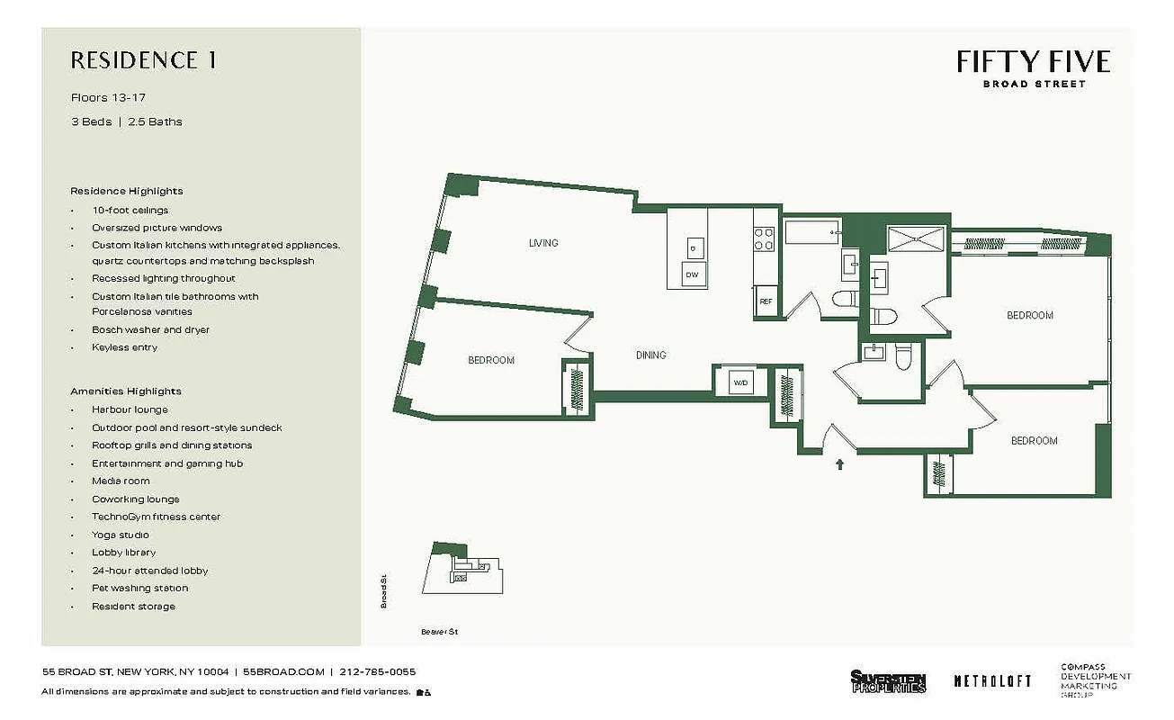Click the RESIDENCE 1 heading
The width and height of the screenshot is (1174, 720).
pos(143,61)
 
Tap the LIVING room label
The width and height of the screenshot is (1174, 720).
pos(543,243)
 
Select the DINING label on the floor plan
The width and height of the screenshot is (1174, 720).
pos(650,355)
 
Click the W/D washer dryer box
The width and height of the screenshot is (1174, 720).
pos(740,382)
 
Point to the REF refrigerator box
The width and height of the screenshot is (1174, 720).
pos(766,301)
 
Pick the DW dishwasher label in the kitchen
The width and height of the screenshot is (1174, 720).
pos(692,274)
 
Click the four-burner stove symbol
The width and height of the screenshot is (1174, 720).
pos(764,238)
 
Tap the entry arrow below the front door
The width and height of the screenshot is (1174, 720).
pos(840,465)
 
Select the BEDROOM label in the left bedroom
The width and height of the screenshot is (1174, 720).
pos(491,360)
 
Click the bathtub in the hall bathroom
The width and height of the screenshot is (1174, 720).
pos(811,234)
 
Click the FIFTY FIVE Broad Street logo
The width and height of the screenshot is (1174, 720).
pos(1033,67)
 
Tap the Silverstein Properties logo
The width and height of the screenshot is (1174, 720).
pos(887,681)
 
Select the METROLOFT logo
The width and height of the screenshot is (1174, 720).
pos(992,681)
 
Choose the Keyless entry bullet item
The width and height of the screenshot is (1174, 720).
pos(124,347)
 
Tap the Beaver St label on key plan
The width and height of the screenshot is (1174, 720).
pos(439,632)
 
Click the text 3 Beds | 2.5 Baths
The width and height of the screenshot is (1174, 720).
pos(126,121)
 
